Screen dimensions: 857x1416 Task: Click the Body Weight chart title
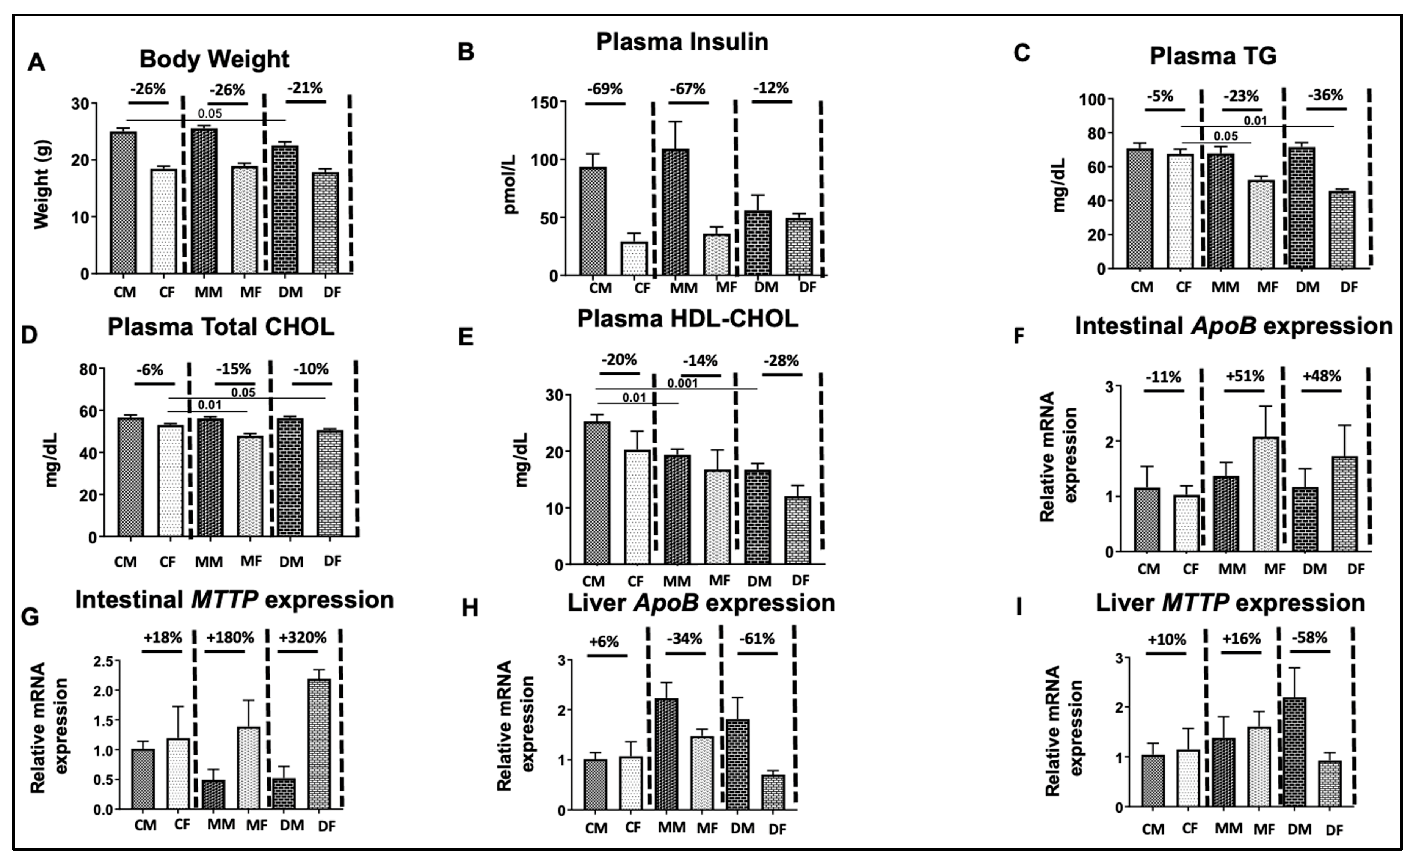[214, 59]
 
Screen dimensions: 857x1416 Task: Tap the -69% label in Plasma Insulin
[605, 89]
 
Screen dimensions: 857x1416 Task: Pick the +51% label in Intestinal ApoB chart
[1245, 377]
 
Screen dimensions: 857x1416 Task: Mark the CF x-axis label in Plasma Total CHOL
[167, 562]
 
